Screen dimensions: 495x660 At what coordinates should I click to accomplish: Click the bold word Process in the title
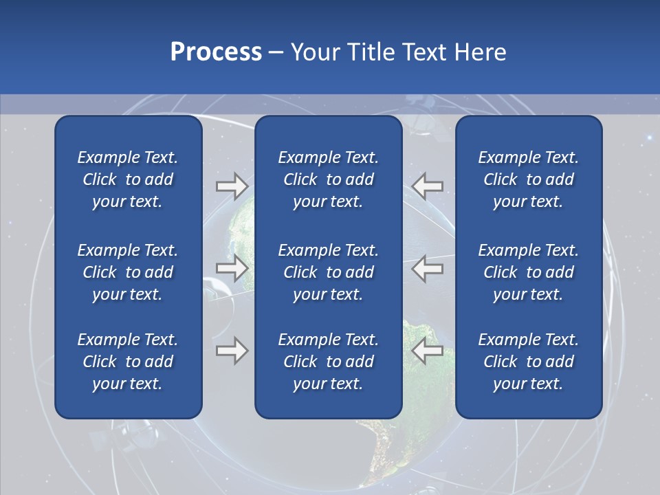tap(216, 52)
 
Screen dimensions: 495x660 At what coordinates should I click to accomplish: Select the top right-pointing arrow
tap(232, 186)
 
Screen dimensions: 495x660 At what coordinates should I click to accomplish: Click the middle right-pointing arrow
tap(232, 268)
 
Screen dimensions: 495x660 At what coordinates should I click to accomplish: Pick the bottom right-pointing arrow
tap(232, 351)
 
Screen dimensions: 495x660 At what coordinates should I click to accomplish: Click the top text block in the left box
tap(128, 179)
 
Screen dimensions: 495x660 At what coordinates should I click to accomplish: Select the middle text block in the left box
tap(128, 272)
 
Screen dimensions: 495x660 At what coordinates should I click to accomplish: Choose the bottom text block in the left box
tap(128, 362)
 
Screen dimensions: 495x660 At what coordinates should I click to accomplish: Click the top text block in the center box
tap(328, 179)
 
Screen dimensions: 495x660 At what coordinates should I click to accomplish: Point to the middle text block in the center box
tap(328, 272)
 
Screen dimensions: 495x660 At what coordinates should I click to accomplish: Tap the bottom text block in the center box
tap(328, 362)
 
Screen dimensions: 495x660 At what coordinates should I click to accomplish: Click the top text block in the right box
tap(528, 179)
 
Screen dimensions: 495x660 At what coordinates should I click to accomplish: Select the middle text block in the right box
tap(528, 272)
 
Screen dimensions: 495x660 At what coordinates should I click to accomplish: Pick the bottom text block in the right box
tap(528, 362)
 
